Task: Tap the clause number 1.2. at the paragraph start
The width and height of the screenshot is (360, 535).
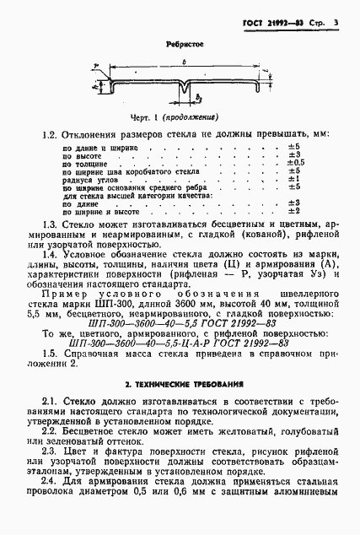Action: (x=52, y=135)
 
